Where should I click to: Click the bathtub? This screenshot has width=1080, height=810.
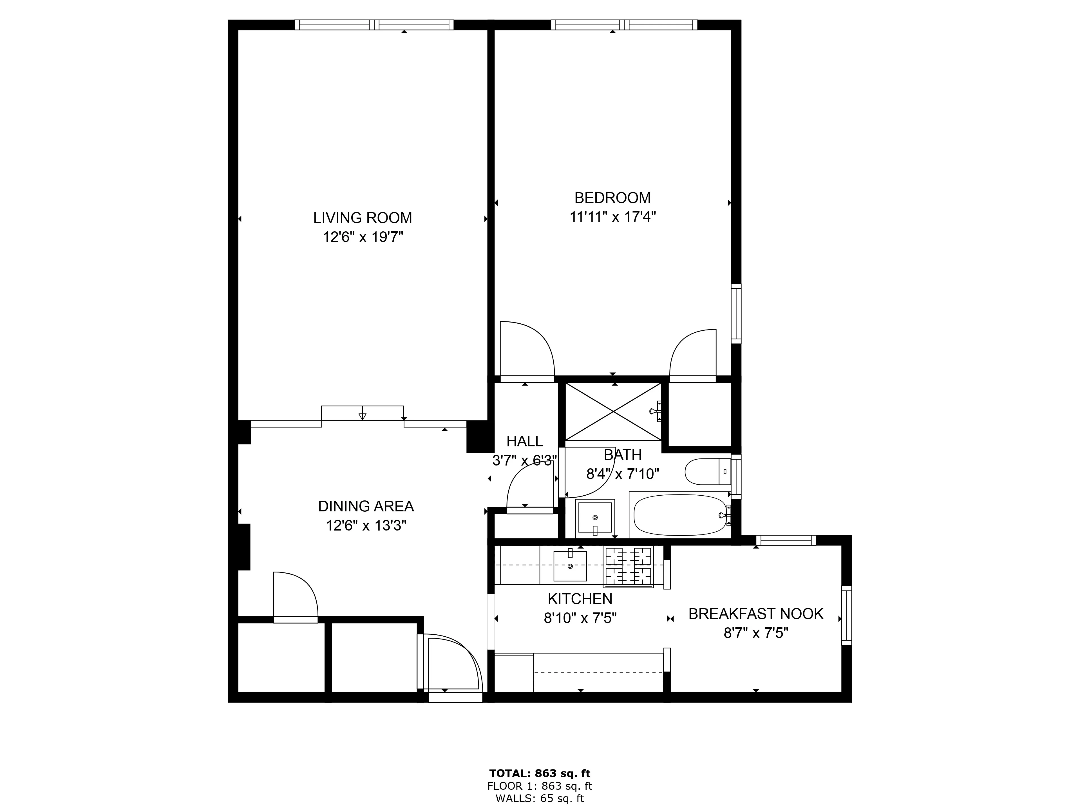point(680,515)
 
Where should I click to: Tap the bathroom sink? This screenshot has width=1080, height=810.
point(595,516)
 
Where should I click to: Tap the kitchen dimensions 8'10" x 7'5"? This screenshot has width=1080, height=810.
point(580,619)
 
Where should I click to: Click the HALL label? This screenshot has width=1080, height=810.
point(524,441)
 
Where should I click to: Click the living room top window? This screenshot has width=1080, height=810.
point(374,25)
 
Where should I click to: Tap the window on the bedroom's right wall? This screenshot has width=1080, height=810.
point(736,314)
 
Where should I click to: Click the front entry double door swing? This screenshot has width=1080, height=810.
point(452,664)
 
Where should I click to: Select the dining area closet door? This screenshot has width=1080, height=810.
point(295,598)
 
